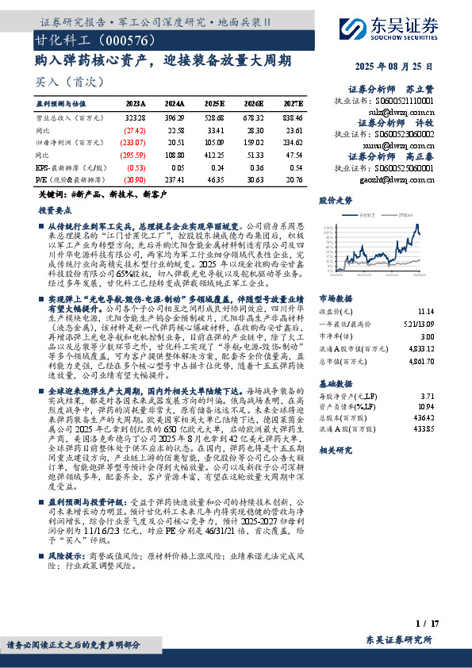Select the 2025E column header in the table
214,103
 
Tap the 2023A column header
136,103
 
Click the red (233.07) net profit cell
134,142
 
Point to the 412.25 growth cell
214,155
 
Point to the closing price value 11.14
424,290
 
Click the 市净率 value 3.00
427,315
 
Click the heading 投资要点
54,213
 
